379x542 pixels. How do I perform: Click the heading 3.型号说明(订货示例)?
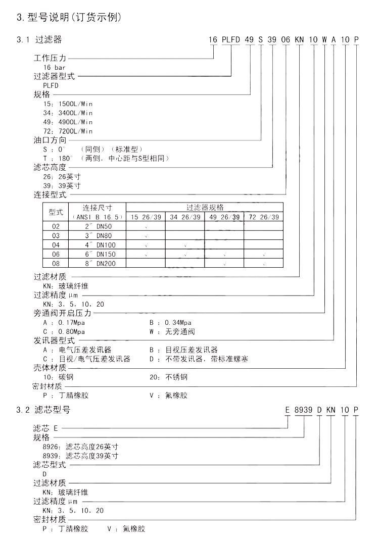click(x=69, y=18)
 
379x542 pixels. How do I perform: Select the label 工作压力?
click(x=50, y=59)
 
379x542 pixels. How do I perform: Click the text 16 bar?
click(x=55, y=67)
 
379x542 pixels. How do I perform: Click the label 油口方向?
click(x=50, y=140)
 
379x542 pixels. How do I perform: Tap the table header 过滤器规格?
click(x=205, y=207)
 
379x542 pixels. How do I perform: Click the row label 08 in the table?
click(x=56, y=263)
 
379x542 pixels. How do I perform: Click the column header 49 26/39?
click(x=224, y=217)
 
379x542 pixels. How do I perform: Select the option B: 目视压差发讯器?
click(x=184, y=350)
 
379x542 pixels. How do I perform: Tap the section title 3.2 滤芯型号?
click(x=43, y=410)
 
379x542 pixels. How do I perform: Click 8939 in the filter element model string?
click(x=304, y=410)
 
